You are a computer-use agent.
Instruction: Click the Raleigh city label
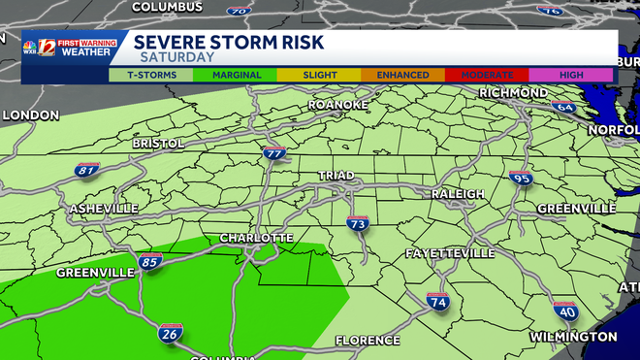click(458, 194)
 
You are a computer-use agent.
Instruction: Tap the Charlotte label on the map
click(256, 238)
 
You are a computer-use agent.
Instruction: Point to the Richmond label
click(513, 92)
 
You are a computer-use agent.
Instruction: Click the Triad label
click(336, 176)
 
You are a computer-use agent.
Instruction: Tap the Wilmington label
click(572, 336)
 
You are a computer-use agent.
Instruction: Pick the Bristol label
click(158, 144)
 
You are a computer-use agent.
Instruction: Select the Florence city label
click(367, 341)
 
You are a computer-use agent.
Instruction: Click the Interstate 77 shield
click(274, 153)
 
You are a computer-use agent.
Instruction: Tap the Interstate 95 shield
click(521, 179)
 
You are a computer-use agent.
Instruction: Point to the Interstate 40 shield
click(565, 311)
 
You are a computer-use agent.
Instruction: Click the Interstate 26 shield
click(170, 334)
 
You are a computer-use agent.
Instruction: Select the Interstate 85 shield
click(150, 261)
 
